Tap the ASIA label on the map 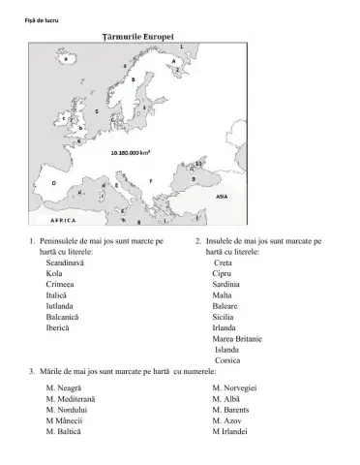click(x=221, y=196)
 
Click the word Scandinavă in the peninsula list click(x=65, y=263)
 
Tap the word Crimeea click(x=60, y=285)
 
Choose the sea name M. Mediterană click(x=71, y=398)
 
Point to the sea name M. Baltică click(x=64, y=431)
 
